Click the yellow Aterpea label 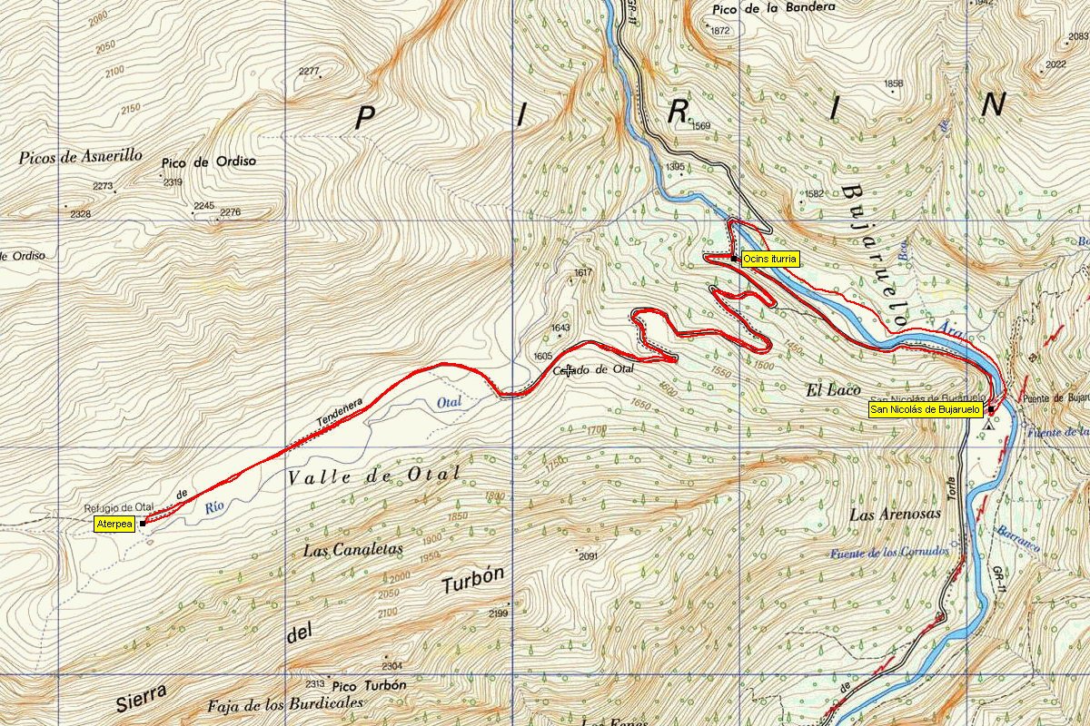tap(114, 525)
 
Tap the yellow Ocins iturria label tap(770, 259)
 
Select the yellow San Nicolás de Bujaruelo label tap(925, 410)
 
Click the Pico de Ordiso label tap(209, 162)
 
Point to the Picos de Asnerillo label tap(81, 157)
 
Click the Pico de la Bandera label tap(775, 7)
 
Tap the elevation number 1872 tap(720, 31)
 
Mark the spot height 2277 tap(309, 72)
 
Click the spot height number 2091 tap(589, 556)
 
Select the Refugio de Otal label tap(120, 507)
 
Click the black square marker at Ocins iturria tap(733, 259)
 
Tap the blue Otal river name tap(450, 402)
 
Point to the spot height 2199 tap(498, 614)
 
